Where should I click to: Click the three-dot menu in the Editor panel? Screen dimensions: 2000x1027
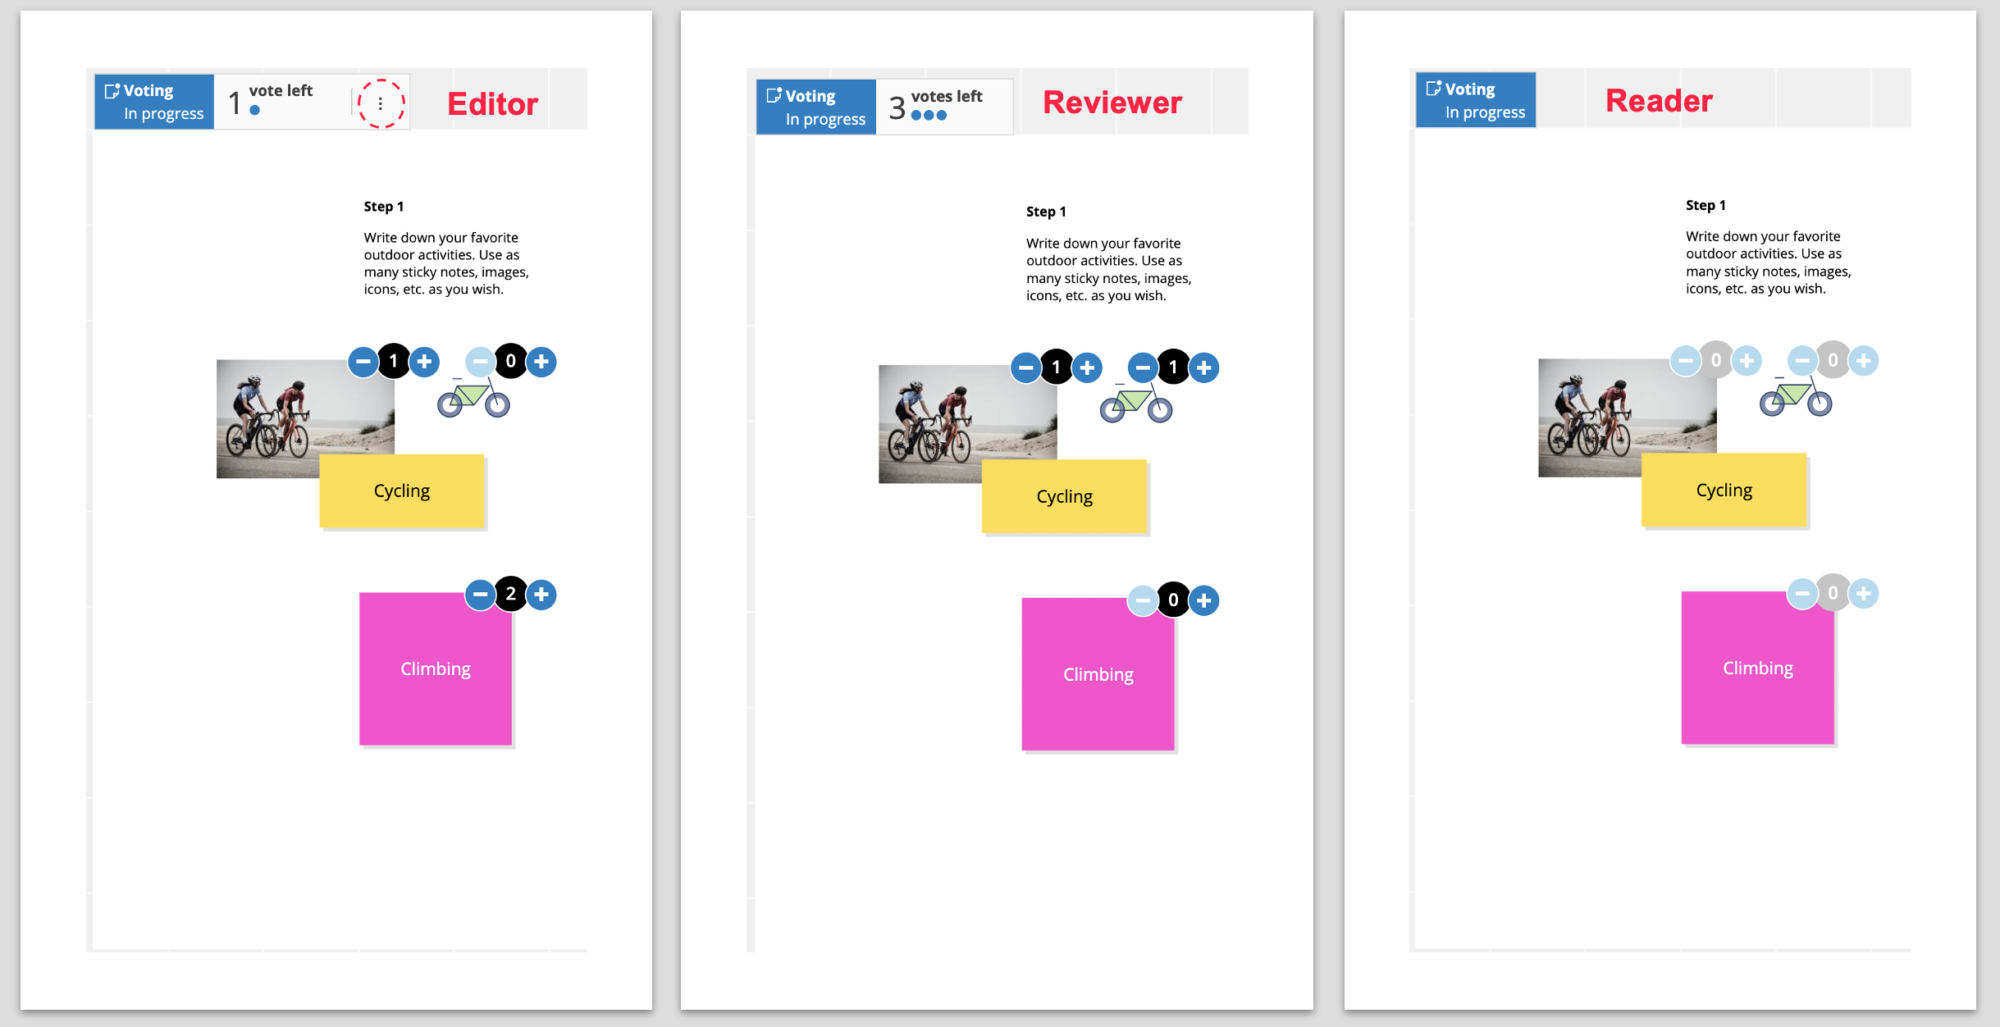pos(381,104)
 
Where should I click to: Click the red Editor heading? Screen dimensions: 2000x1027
pos(493,104)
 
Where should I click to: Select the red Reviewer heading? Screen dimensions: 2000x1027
pos(1112,103)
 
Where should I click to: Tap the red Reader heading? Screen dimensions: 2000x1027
pos(1659,101)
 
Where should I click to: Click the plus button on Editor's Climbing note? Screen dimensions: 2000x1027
pos(541,595)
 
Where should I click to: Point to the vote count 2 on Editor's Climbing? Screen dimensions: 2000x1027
pos(511,594)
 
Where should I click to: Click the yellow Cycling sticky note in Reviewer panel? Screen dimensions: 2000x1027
pos(1064,496)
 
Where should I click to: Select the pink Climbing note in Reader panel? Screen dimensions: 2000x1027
pos(1757,668)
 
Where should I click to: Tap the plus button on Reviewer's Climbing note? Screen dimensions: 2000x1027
pos(1203,600)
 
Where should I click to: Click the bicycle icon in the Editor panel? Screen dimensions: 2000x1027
pos(473,398)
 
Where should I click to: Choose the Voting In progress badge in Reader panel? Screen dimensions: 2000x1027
pos(1476,100)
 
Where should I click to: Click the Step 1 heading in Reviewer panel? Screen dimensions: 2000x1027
pos(1046,212)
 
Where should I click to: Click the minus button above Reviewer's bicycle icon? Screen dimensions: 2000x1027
pos(1143,367)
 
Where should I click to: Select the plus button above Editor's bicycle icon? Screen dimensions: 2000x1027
pos(541,362)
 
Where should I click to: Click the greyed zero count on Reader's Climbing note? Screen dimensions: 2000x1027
pos(1833,593)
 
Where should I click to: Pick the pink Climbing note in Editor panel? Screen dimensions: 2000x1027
pos(436,669)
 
